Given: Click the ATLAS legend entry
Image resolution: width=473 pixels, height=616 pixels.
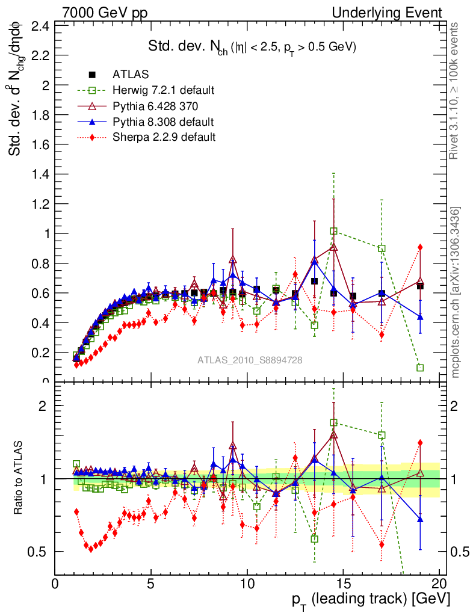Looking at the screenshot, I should point(131,75).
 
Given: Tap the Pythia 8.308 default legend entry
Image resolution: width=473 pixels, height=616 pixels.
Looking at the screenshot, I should point(163,122).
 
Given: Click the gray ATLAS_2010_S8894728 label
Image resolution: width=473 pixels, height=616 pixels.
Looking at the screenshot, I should point(250,360).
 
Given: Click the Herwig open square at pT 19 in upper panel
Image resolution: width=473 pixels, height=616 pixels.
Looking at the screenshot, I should point(420,368).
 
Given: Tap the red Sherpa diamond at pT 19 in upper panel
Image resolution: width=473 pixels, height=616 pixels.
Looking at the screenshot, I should point(420,247).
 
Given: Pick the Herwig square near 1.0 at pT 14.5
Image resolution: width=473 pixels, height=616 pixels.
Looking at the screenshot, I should point(333,231).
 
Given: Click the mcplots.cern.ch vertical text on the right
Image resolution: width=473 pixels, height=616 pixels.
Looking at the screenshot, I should point(457,292).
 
